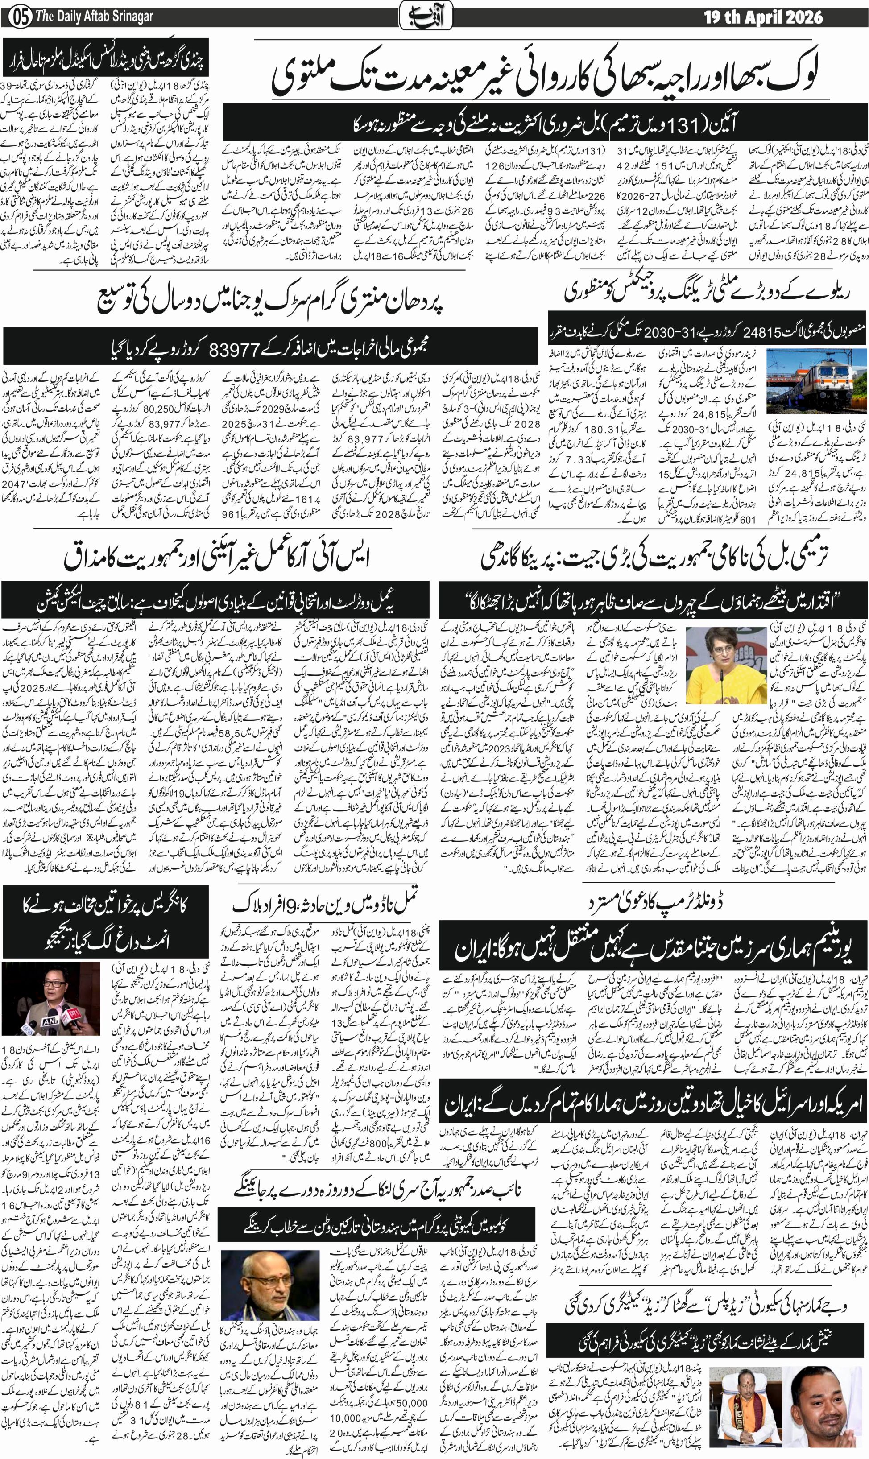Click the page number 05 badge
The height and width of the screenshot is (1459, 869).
pyautogui.click(x=20, y=17)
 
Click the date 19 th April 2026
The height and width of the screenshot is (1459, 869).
pyautogui.click(x=762, y=17)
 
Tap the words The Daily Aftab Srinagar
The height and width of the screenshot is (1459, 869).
pyautogui.click(x=94, y=17)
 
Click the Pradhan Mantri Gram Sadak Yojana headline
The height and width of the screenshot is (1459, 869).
pyautogui.click(x=270, y=301)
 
